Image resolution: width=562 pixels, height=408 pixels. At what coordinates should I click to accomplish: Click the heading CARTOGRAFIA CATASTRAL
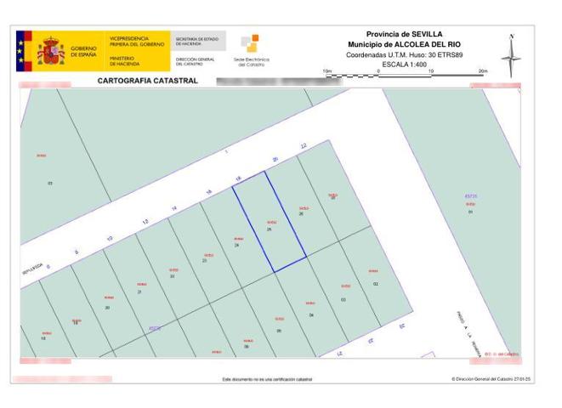148,82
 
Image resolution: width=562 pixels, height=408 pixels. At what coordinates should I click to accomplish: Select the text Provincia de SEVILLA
404,33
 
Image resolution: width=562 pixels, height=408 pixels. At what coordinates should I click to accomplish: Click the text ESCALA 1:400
404,64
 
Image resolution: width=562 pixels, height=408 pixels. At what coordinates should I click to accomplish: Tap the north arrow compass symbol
512,56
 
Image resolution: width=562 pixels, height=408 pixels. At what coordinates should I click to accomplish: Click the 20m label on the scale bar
483,71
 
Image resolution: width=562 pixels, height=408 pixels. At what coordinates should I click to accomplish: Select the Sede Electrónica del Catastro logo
251,50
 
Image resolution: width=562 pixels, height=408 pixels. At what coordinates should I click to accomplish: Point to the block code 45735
471,195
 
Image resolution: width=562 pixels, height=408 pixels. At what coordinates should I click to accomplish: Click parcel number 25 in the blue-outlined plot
270,229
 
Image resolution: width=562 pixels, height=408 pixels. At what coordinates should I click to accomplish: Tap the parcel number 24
236,245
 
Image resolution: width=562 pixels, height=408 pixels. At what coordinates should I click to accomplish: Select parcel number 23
205,260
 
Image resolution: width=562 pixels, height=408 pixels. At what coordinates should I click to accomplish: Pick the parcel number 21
139,291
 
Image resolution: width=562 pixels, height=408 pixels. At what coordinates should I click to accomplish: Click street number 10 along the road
110,238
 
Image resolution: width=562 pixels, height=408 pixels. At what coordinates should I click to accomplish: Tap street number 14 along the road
173,208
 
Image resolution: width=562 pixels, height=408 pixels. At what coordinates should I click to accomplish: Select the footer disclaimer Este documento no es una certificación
267,378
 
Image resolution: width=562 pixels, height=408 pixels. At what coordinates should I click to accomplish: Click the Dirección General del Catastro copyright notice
491,378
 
